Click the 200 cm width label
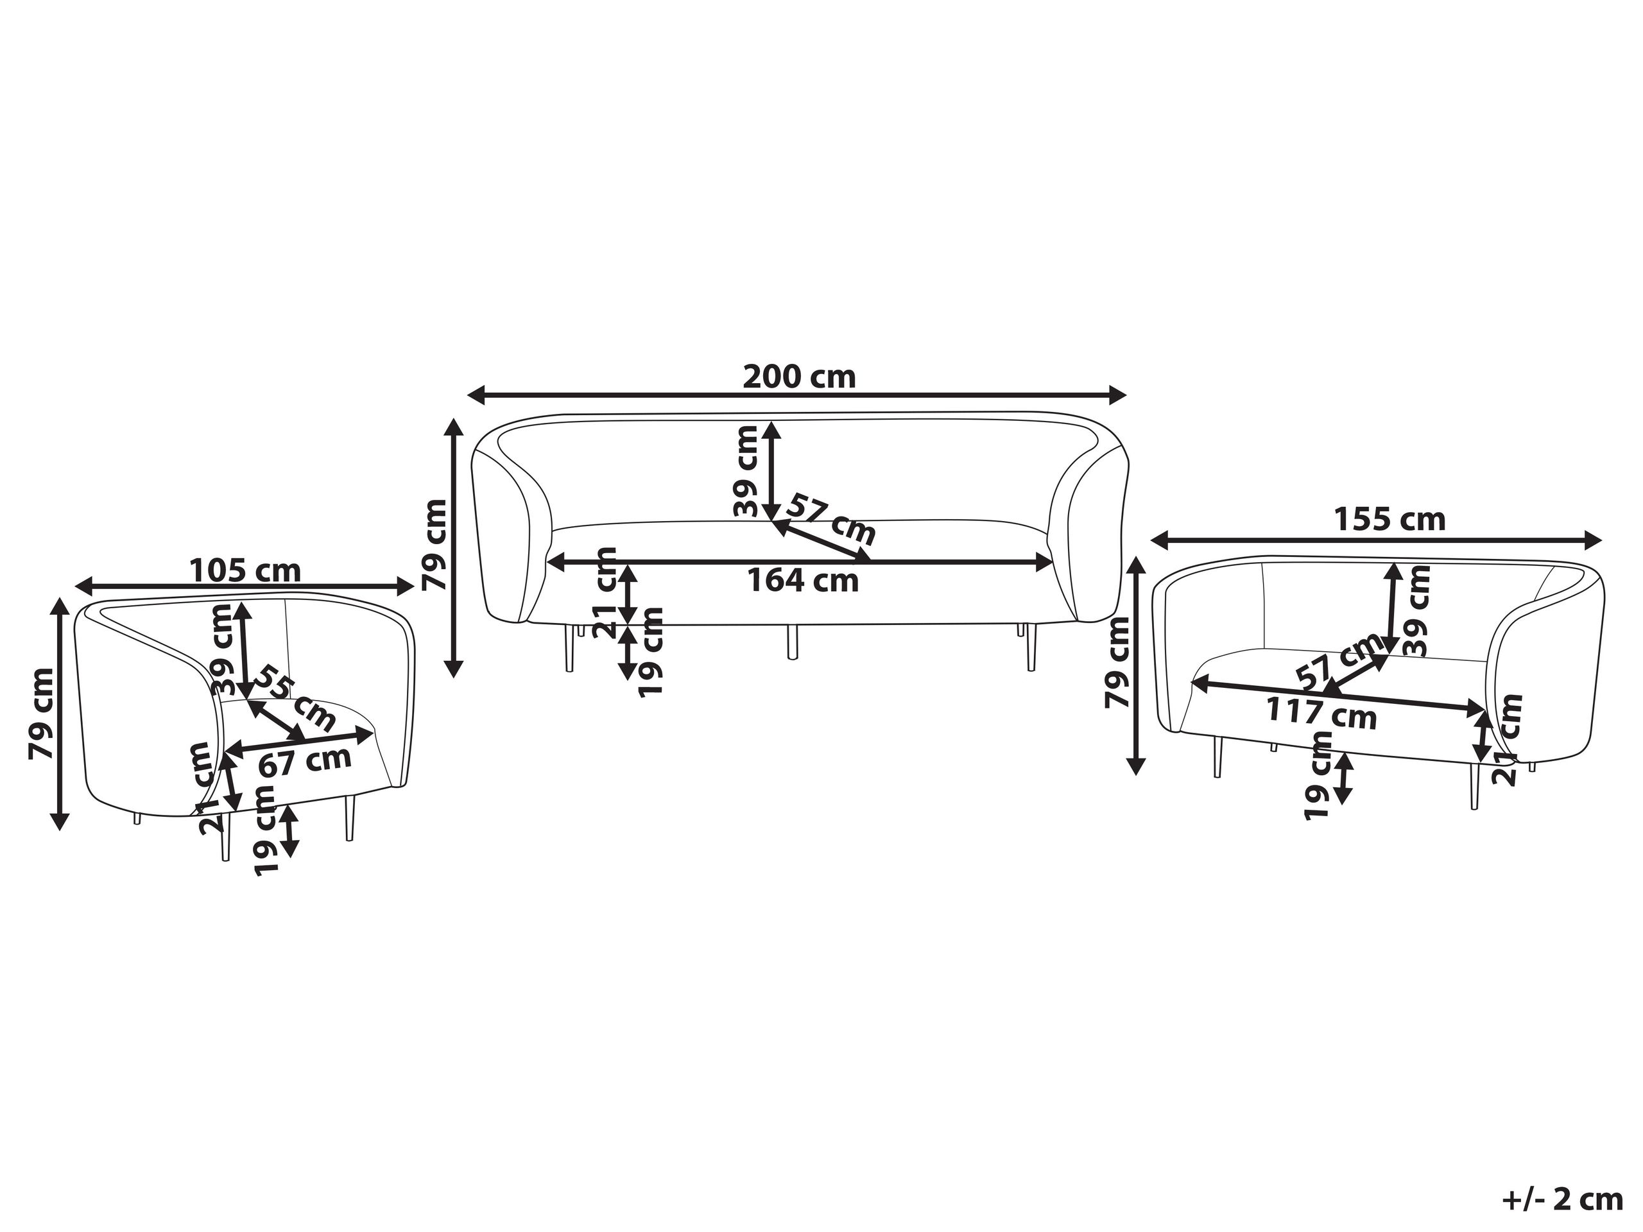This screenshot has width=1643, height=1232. (x=799, y=377)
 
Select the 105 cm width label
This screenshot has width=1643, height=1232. (x=245, y=572)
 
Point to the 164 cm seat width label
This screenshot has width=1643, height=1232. (x=802, y=580)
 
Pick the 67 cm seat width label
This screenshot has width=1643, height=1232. (x=305, y=761)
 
